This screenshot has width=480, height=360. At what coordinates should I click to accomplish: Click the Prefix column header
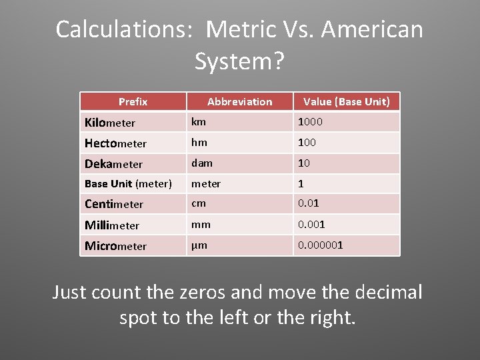pyautogui.click(x=133, y=102)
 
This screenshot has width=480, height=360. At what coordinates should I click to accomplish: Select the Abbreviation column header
pyautogui.click(x=239, y=102)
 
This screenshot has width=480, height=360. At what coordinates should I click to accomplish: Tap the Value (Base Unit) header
pyautogui.click(x=347, y=102)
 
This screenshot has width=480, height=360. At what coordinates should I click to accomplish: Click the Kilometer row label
pyautogui.click(x=110, y=123)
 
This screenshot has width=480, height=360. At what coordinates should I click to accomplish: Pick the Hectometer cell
pyautogui.click(x=115, y=143)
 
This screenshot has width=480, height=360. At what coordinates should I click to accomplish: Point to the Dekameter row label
pyautogui.click(x=113, y=164)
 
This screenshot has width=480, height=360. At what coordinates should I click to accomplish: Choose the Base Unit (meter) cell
pyautogui.click(x=128, y=184)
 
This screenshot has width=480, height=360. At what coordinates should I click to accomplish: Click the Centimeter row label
pyautogui.click(x=114, y=204)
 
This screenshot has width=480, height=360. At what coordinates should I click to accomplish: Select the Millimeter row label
pyautogui.click(x=112, y=225)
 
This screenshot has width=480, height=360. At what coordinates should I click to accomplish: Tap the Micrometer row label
pyautogui.click(x=115, y=246)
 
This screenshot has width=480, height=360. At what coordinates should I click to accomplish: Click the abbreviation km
pyautogui.click(x=199, y=122)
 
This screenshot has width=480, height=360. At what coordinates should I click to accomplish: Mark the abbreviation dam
pyautogui.click(x=201, y=163)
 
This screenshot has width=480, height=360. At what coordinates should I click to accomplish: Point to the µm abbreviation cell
pyautogui.click(x=199, y=245)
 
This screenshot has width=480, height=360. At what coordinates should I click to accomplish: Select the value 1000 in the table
pyautogui.click(x=309, y=122)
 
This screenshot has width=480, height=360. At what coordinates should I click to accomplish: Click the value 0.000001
pyautogui.click(x=320, y=245)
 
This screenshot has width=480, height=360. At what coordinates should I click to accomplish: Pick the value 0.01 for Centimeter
pyautogui.click(x=309, y=203)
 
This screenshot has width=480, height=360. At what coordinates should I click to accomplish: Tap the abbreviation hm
pyautogui.click(x=199, y=143)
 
